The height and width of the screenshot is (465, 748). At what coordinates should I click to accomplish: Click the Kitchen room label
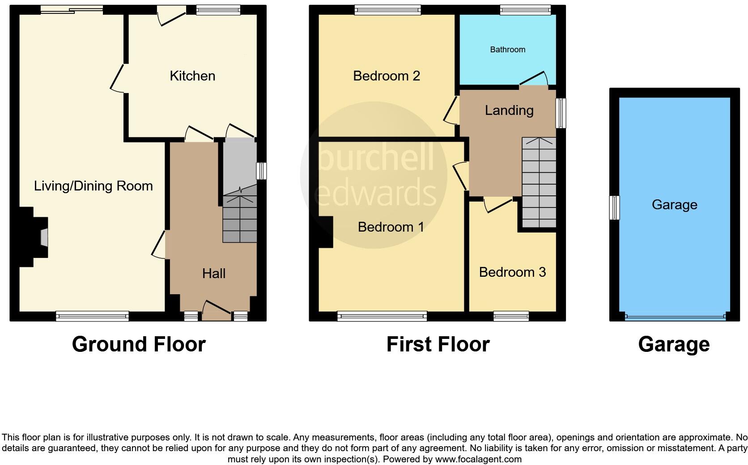192,76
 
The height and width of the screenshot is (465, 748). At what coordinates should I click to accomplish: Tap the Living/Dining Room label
93,186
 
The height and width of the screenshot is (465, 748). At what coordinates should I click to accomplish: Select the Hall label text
213,273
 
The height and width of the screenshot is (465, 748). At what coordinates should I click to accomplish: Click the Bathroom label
507,50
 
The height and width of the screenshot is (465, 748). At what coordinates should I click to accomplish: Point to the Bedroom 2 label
386,76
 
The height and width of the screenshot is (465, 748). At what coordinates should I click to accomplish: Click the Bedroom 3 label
512,272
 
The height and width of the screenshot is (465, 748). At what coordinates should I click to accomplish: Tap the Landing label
509,110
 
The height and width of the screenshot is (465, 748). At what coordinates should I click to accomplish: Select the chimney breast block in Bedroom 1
326,232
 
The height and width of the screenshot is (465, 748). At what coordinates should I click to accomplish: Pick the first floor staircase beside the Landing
539,183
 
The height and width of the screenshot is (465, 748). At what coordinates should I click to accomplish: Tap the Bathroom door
533,78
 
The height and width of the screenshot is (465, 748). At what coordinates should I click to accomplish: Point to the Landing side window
561,113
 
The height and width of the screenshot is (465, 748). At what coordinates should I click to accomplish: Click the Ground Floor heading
139,344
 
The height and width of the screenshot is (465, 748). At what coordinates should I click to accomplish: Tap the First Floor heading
438,344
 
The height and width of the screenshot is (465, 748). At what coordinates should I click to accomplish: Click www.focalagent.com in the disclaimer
478,459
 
